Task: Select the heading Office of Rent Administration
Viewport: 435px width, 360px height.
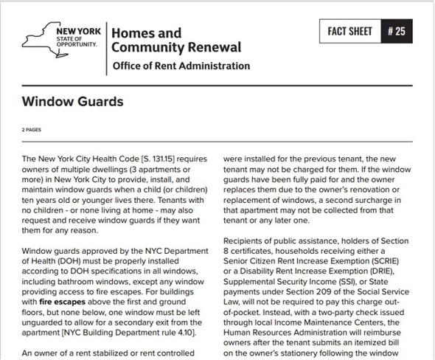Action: (x=181, y=66)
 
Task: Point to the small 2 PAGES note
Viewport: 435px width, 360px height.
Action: (x=33, y=129)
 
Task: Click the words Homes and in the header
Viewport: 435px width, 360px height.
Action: (x=146, y=32)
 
